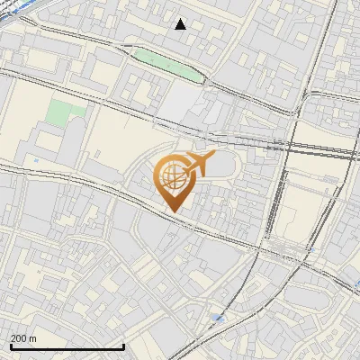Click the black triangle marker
click(x=181, y=24)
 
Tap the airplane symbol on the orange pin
click(x=200, y=163)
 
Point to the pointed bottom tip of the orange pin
click(x=172, y=212)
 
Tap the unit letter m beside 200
click(x=33, y=338)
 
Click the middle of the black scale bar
click(x=67, y=346)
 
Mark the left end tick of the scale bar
click(x=10, y=346)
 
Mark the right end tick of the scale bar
click(x=123, y=346)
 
